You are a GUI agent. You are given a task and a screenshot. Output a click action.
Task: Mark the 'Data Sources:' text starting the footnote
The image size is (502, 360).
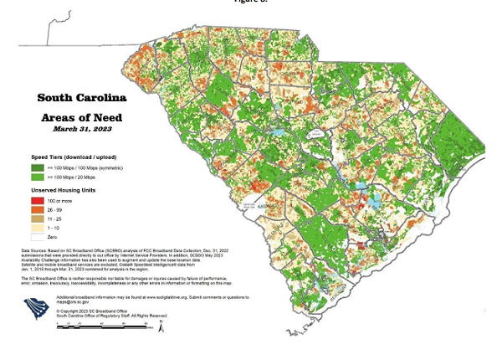pos(39,249)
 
